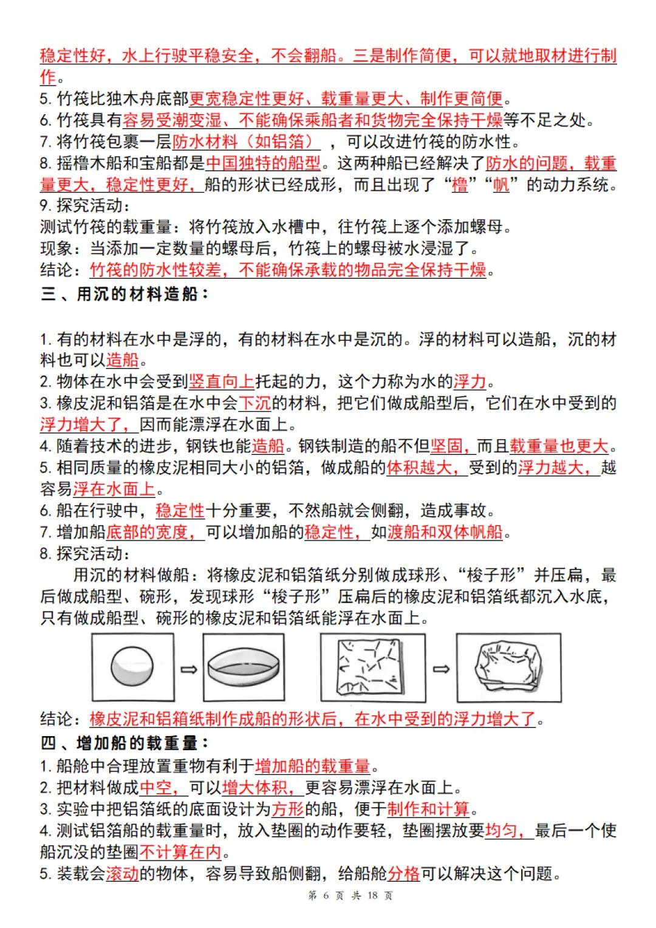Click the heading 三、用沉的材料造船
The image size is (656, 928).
pos(125,294)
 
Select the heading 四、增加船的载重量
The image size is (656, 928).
pos(125,743)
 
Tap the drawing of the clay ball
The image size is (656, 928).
pos(132,667)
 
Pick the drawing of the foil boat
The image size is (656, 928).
pos(508,667)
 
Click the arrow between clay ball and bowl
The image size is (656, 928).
pos(189,669)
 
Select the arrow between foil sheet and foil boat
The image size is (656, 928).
pos(441,669)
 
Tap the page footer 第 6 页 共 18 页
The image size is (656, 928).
pos(350,895)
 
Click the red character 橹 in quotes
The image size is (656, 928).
pos(460,185)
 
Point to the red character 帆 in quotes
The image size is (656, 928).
pos(501,185)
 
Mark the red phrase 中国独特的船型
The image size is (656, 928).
pos(263,163)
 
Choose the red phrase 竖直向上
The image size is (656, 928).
pos(222,381)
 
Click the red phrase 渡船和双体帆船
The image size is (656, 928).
pos(445,532)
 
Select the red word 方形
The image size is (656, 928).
pos(287,809)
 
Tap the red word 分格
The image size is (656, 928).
pos(404,873)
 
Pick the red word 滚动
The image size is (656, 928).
pos(123,873)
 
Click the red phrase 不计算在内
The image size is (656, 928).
pos(180,852)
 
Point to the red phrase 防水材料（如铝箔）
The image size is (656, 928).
pos(245,142)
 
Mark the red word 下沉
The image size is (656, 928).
pos(255,403)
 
